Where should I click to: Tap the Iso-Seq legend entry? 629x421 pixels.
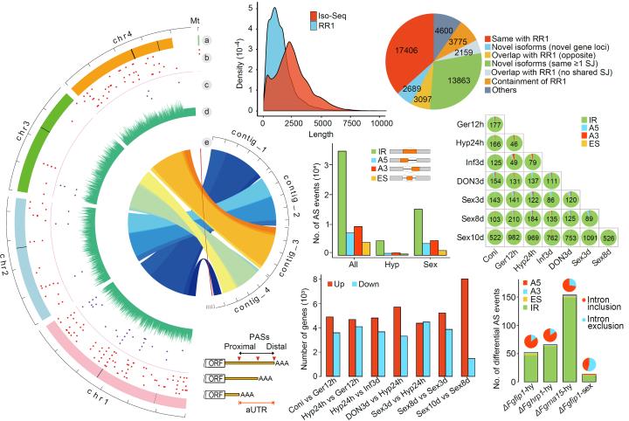[336, 15]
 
